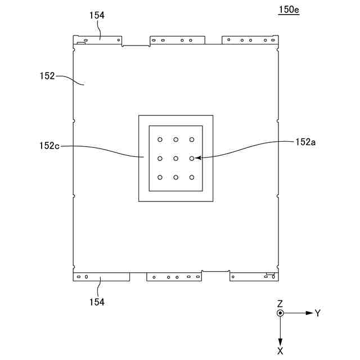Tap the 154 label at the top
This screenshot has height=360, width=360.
pos(97,16)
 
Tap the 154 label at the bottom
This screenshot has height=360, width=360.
pos(97,302)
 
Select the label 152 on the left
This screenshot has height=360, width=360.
pos(47,76)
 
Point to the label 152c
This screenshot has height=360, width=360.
pos(49,146)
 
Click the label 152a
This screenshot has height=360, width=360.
pos(305,143)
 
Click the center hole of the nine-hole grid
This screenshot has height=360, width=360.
pos(176,159)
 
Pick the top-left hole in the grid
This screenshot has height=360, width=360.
pos(160,139)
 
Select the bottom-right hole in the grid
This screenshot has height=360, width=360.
pos(192,178)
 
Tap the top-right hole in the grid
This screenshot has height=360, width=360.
pos(192,139)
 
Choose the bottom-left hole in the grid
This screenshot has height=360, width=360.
pos(160,178)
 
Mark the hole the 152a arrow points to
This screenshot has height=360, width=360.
pos(192,159)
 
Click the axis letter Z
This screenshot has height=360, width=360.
pos(280,303)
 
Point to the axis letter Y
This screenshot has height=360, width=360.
pos(317,313)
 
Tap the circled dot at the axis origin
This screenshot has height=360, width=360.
pos(280,313)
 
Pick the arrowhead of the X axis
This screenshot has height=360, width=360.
pos(280,341)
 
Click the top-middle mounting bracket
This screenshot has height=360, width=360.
pos(177,40)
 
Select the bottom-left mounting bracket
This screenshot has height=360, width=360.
pos(101,276)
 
